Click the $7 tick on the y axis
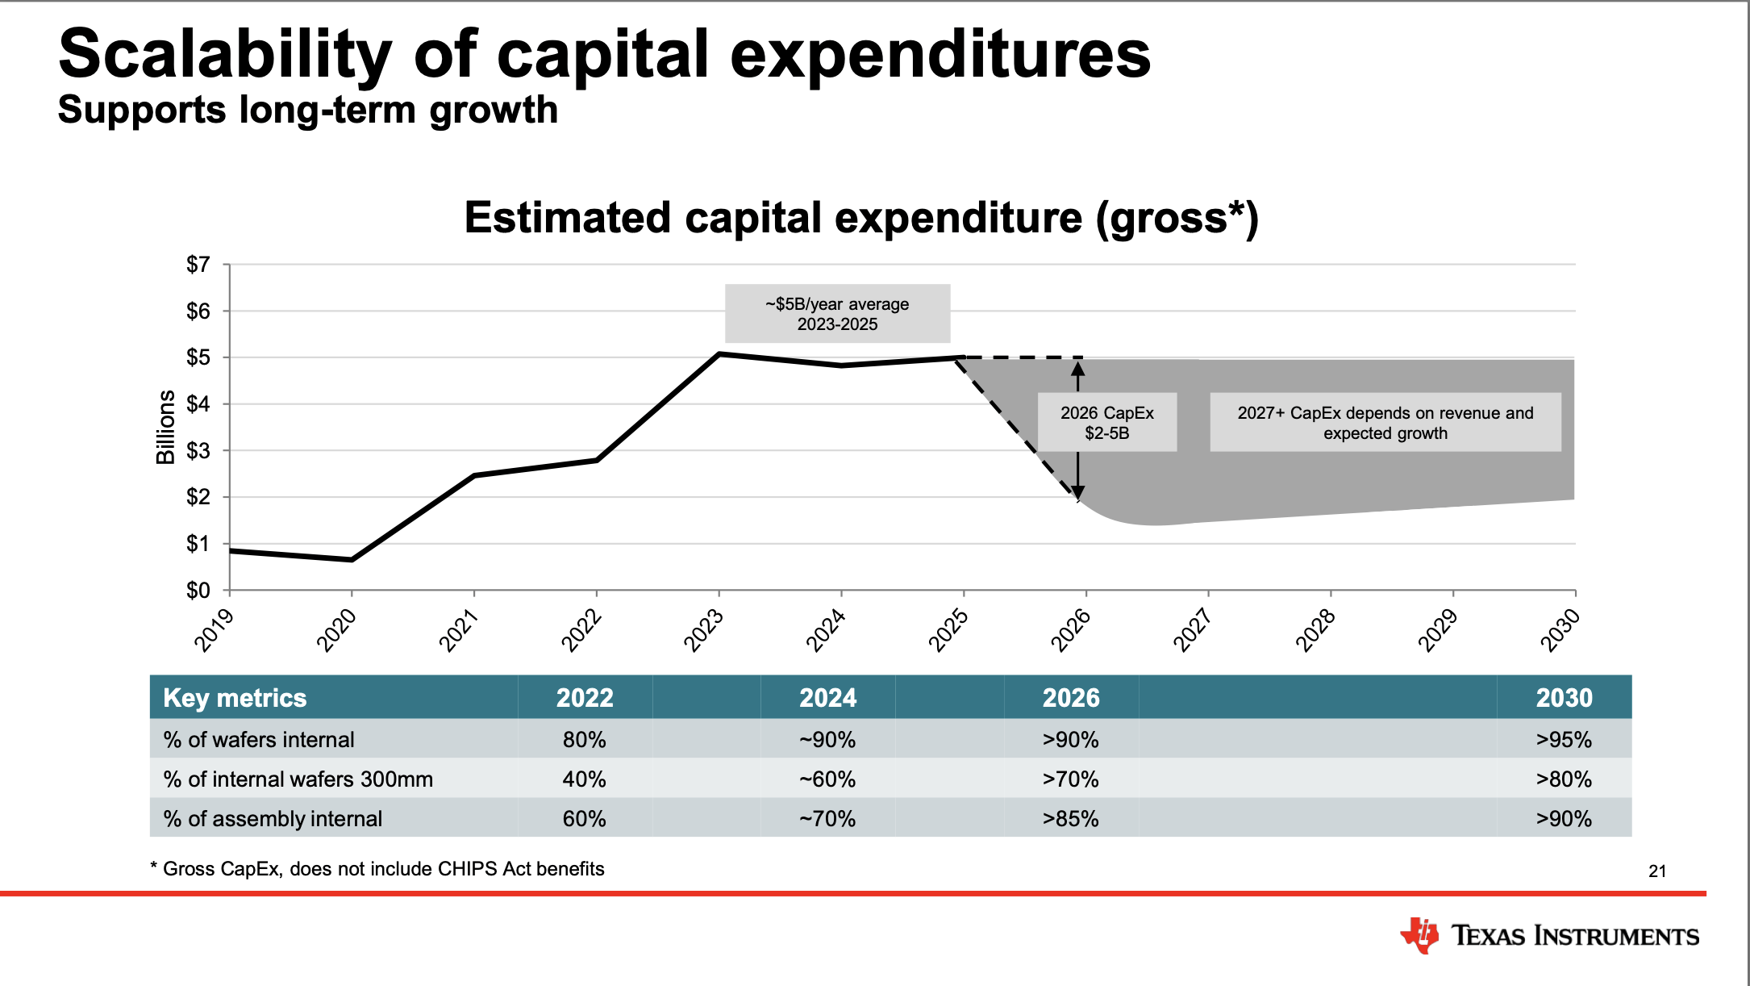198,265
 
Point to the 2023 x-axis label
703,630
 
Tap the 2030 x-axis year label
1560,630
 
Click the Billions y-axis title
165,427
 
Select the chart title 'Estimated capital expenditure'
861,218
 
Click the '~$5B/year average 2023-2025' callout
837,314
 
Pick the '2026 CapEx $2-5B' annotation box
1106,423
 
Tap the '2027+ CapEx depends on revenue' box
1385,423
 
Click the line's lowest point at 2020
352,559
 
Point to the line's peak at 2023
719,353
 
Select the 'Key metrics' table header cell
235,698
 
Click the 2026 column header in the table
1070,698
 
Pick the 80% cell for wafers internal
584,740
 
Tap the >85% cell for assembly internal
1070,819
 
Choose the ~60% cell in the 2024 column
827,779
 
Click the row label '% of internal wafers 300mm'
298,779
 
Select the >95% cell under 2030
1563,740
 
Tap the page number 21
1657,871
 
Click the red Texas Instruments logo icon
1420,935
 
